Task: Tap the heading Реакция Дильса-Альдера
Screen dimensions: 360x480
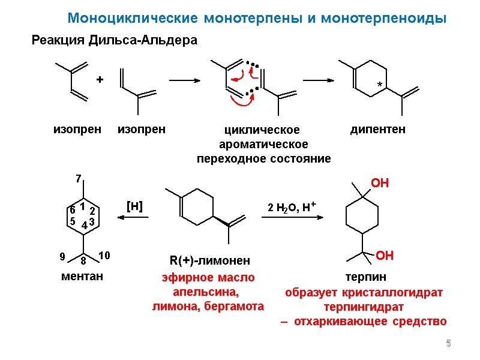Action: pyautogui.click(x=114, y=41)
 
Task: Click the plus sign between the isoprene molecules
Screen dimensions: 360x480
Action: pyautogui.click(x=100, y=79)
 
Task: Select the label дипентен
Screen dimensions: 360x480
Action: pyautogui.click(x=377, y=129)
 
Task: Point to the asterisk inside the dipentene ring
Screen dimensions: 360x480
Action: pyautogui.click(x=379, y=86)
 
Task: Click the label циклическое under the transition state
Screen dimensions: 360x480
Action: pyautogui.click(x=261, y=130)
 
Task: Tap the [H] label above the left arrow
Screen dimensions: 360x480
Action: pyautogui.click(x=134, y=206)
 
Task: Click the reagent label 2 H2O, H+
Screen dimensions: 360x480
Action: pyautogui.click(x=292, y=207)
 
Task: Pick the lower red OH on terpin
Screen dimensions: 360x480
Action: pyautogui.click(x=385, y=256)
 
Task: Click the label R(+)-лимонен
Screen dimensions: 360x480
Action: pyautogui.click(x=209, y=260)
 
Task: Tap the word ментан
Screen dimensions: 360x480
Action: pyautogui.click(x=82, y=277)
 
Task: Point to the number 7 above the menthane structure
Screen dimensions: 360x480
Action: pyautogui.click(x=77, y=179)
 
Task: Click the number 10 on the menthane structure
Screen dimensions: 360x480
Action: pyautogui.click(x=104, y=256)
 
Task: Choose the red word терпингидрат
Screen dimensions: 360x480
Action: pyautogui.click(x=364, y=307)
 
